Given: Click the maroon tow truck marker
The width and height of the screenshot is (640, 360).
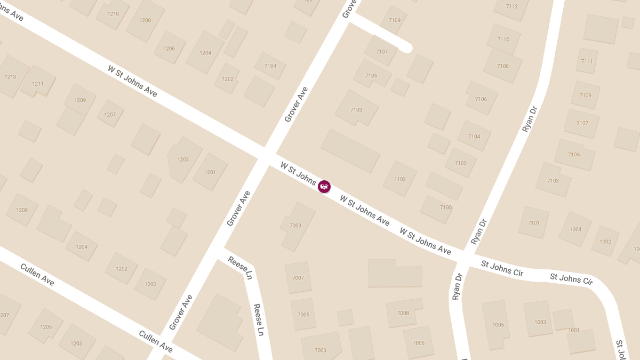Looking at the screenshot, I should click(324, 187).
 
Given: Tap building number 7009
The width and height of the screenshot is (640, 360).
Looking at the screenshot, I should click(295, 226).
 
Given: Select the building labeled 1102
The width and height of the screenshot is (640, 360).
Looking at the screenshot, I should click(400, 179).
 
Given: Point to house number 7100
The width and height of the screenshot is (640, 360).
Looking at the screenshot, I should click(446, 207).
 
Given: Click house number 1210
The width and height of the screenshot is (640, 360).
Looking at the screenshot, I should click(113, 14).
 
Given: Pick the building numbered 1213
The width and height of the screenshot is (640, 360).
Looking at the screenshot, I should click(10, 77).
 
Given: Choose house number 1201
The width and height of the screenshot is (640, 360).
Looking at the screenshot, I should click(210, 172).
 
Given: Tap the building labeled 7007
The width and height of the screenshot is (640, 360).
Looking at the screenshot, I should click(298, 278).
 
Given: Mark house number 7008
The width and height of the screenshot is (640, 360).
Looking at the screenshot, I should click(403, 313).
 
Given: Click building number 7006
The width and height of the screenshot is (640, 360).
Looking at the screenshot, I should click(419, 343).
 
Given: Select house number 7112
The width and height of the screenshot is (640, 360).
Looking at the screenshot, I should click(511, 6).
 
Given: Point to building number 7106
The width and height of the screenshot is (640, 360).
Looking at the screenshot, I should click(481, 99).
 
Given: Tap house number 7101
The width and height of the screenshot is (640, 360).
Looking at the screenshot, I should click(533, 223).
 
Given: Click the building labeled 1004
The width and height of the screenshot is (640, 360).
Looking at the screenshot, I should click(575, 229).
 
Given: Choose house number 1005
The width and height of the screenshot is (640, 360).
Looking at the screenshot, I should click(498, 324).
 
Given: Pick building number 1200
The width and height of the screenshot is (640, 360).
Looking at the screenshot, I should click(150, 284).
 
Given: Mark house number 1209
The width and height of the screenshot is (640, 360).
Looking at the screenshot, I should click(80, 100).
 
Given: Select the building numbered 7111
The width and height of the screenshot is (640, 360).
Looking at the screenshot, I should click(587, 61).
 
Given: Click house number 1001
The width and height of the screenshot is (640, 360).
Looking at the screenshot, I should click(574, 330).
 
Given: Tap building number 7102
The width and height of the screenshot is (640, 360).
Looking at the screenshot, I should click(461, 163).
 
